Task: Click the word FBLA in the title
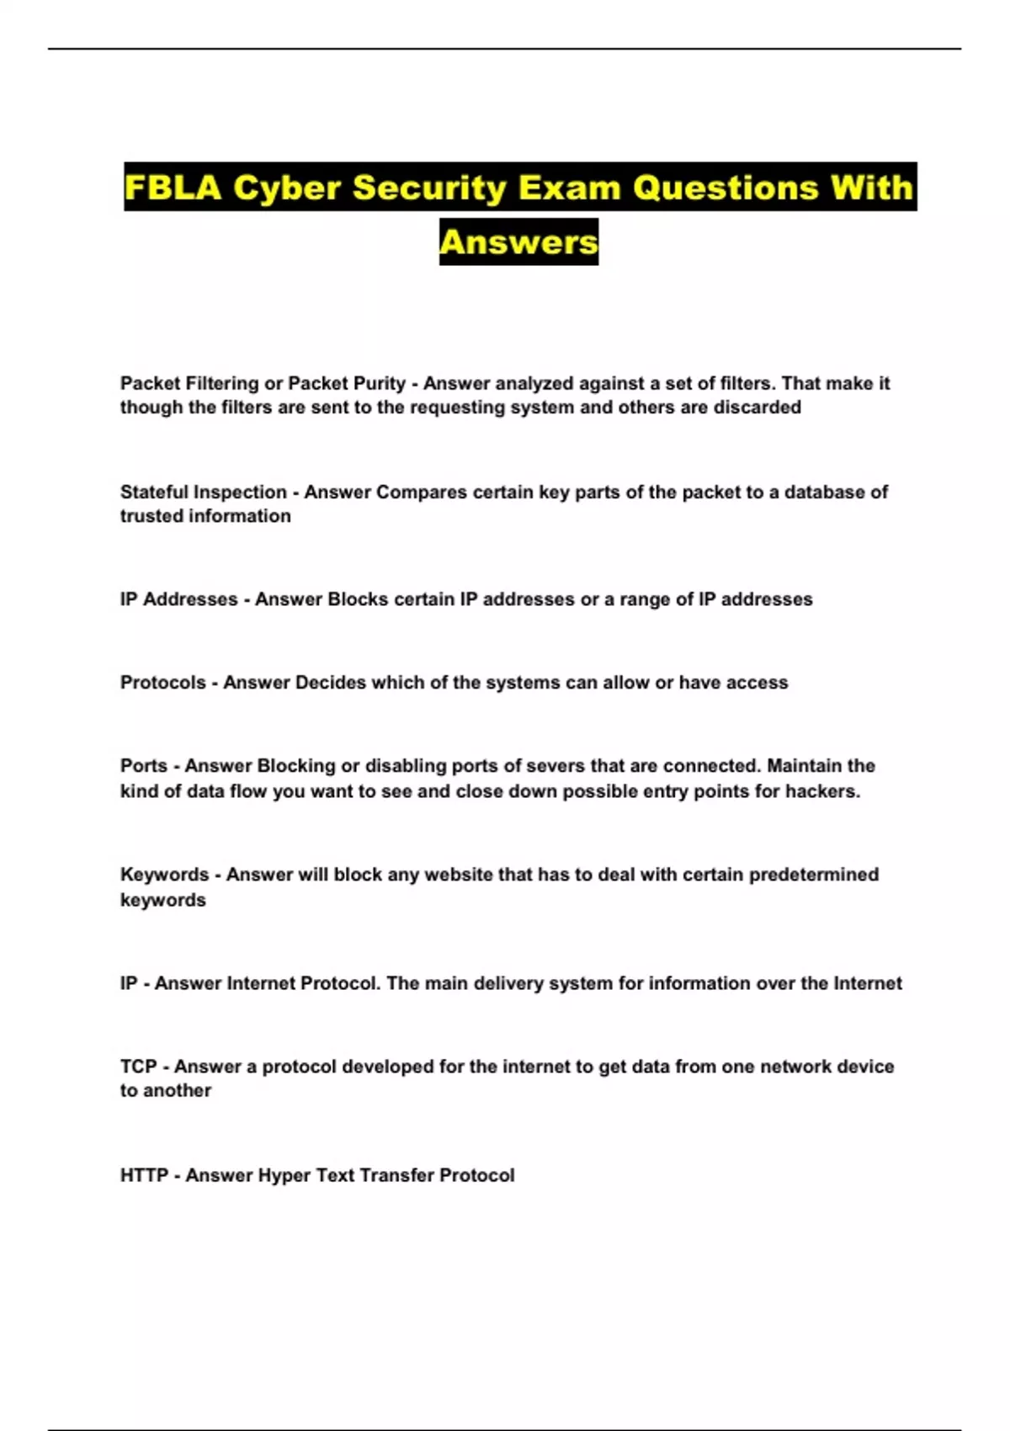(173, 188)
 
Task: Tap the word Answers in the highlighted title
(518, 242)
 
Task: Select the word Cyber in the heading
(287, 188)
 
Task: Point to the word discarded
(757, 407)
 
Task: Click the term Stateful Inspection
(203, 492)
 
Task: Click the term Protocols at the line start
(162, 683)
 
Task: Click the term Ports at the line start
(143, 766)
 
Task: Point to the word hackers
(822, 791)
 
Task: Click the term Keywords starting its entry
(164, 875)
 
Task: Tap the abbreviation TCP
(138, 1067)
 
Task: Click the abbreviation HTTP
(144, 1175)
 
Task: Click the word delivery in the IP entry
(508, 983)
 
